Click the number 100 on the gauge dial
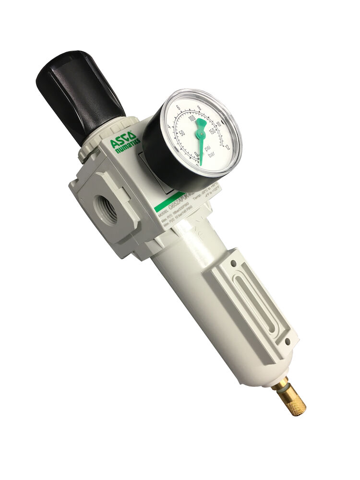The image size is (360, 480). pyautogui.click(x=192, y=119)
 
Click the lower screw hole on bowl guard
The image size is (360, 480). pyautogui.click(x=287, y=341)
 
